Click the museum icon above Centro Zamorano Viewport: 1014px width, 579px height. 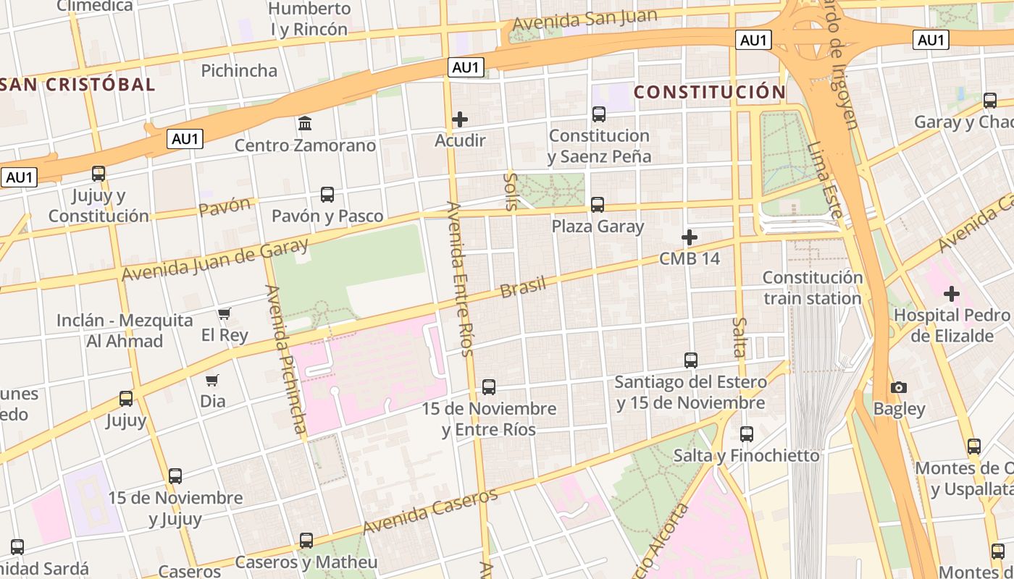click(305, 124)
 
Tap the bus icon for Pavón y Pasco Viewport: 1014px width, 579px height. click(327, 195)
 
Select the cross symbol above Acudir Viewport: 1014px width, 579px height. click(460, 119)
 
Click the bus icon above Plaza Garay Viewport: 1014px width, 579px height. click(598, 205)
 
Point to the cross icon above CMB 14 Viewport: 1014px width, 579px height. click(690, 237)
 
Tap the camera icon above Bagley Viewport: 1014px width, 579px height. click(899, 387)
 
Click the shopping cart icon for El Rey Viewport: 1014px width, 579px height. click(225, 314)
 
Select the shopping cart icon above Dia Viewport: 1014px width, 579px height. click(212, 380)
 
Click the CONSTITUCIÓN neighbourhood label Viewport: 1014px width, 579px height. click(709, 92)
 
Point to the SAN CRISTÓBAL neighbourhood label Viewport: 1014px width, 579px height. click(78, 84)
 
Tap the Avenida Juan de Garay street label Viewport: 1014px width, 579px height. click(215, 259)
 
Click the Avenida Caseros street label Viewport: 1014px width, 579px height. click(430, 512)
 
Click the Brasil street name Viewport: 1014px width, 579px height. click(523, 287)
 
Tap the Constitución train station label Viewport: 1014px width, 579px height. click(813, 287)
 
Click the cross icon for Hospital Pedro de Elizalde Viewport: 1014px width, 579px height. click(952, 294)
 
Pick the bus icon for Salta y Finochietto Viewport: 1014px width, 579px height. click(747, 434)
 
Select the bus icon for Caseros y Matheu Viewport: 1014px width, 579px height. click(306, 541)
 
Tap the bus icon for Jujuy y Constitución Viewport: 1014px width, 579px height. click(99, 174)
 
